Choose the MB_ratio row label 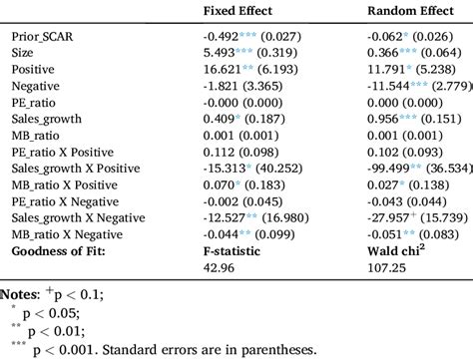[42, 141]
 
